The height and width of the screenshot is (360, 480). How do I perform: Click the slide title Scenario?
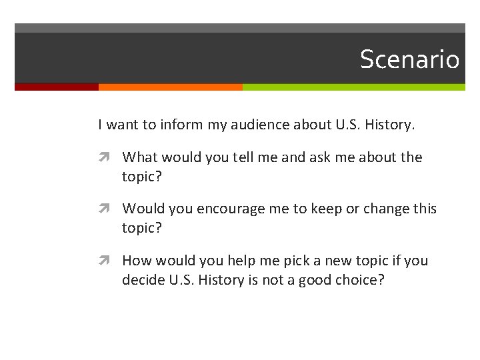click(409, 59)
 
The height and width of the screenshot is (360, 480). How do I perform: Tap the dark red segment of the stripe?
click(56, 87)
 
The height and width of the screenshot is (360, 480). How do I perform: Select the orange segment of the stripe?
click(170, 87)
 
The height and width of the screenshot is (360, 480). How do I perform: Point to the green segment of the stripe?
click(353, 87)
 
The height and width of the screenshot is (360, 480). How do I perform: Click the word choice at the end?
click(360, 280)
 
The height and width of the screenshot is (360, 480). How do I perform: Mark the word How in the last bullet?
click(136, 261)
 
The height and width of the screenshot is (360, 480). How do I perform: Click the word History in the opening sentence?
click(387, 124)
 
